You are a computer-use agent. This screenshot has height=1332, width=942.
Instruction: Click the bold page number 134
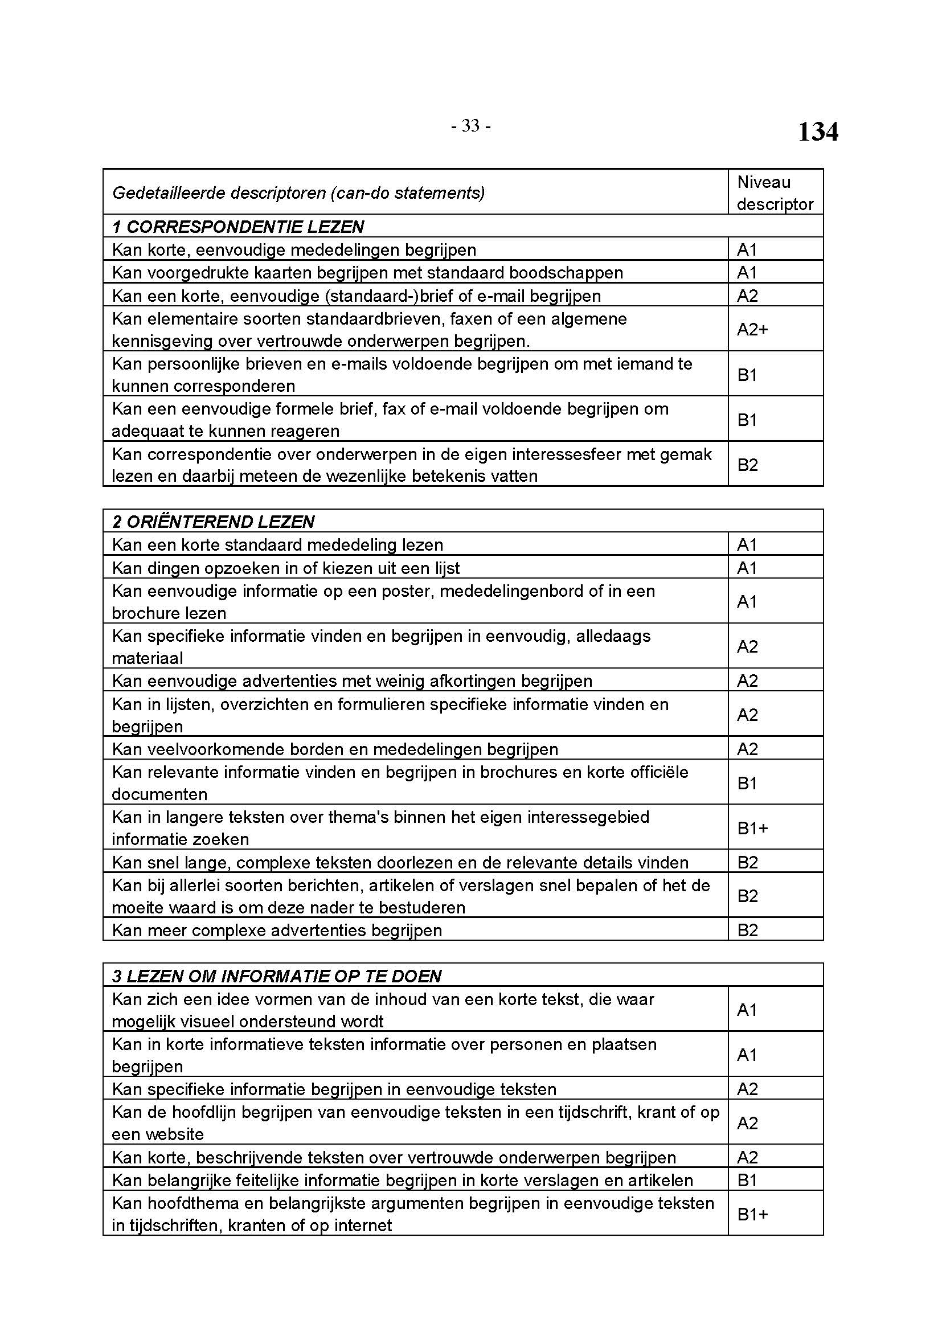click(817, 132)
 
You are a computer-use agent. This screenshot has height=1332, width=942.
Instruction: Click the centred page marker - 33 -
click(470, 126)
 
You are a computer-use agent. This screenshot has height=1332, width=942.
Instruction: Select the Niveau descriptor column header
click(775, 192)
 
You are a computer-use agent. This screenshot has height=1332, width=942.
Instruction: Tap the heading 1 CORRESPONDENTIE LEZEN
click(238, 226)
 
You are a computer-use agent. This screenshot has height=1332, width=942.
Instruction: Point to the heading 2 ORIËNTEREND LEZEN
click(213, 522)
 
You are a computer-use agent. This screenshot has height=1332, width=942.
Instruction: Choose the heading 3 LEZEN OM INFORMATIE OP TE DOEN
click(276, 976)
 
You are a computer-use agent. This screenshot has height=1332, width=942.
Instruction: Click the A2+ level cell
click(752, 330)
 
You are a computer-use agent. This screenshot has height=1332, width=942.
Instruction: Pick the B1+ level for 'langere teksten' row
click(752, 828)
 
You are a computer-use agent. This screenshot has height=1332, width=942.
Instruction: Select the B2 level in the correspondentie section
click(747, 465)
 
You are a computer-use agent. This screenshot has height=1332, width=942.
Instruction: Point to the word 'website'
click(175, 1134)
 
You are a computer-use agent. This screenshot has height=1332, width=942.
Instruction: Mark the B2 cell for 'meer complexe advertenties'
click(747, 930)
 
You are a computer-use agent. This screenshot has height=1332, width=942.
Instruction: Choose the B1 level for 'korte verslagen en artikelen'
click(747, 1180)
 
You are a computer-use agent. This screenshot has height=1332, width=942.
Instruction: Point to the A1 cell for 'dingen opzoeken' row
click(747, 567)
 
